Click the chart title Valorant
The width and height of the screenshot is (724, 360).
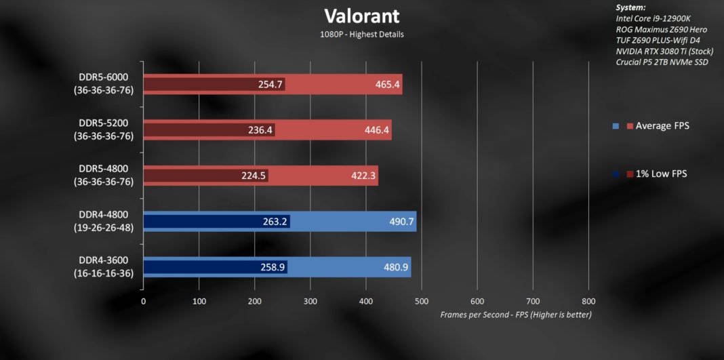[x=362, y=16]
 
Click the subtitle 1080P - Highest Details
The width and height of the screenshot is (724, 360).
[x=362, y=34]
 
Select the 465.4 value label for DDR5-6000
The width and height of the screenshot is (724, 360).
[x=387, y=84]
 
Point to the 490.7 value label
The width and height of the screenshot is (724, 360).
[x=401, y=222]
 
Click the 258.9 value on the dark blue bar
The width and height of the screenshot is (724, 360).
[x=273, y=267]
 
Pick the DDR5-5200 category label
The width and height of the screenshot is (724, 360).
[x=103, y=129]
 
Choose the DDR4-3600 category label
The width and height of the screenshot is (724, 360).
[x=103, y=266]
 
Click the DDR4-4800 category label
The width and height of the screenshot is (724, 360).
[x=103, y=221]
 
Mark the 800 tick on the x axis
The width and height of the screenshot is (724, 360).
[x=588, y=301]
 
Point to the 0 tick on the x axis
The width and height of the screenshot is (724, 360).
[x=143, y=301]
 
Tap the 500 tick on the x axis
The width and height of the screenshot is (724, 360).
[x=422, y=301]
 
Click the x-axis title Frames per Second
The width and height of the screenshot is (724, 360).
[x=516, y=315]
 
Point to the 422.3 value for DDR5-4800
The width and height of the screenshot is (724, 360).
[x=363, y=176]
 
